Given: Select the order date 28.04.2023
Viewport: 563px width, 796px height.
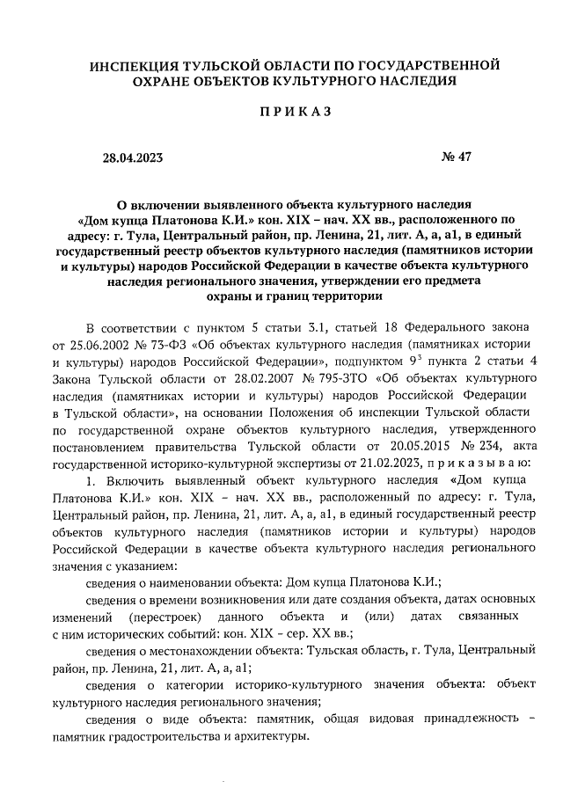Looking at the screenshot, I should pyautogui.click(x=132, y=158).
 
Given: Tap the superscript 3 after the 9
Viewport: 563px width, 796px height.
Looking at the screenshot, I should pyautogui.click(x=465, y=359).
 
